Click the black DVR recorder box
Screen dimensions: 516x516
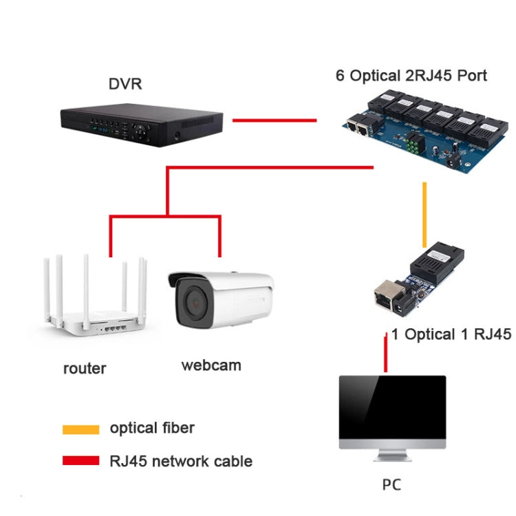[141, 124]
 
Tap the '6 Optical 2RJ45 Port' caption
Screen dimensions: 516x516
[411, 76]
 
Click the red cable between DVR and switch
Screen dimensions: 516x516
[274, 120]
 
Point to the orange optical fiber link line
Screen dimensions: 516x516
[424, 213]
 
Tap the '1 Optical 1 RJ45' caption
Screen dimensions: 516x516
[451, 335]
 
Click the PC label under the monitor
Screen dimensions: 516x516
[391, 485]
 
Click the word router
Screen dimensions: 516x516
[85, 368]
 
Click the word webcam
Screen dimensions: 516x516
[211, 365]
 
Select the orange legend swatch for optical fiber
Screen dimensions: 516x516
[80, 429]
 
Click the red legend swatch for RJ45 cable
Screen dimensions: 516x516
[80, 461]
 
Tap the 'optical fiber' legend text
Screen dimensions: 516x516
[152, 428]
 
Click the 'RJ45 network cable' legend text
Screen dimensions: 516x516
[181, 461]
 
